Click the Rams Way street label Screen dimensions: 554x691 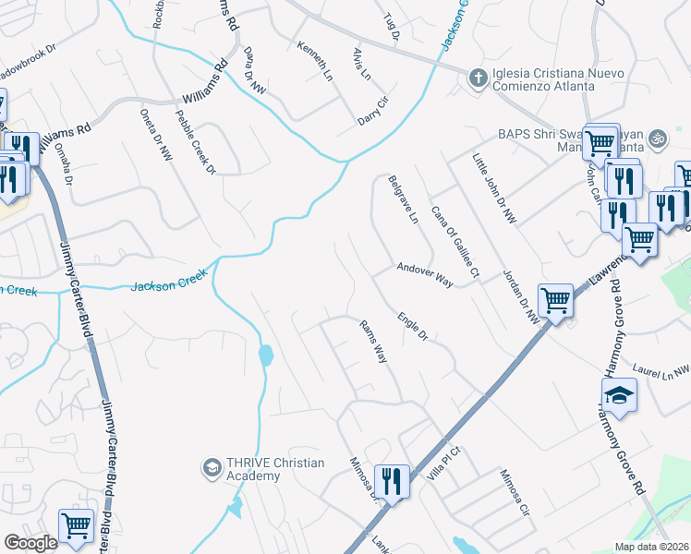(x=372, y=340)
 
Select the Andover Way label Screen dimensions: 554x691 (x=424, y=274)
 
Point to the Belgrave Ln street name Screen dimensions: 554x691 (x=404, y=201)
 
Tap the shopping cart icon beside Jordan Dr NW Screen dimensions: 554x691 (x=555, y=300)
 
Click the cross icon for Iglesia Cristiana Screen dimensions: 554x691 (x=478, y=78)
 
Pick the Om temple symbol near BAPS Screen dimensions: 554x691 (x=658, y=138)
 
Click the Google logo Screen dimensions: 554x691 (x=30, y=543)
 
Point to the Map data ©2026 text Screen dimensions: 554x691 (x=651, y=547)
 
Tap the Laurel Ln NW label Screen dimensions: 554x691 (x=661, y=369)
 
